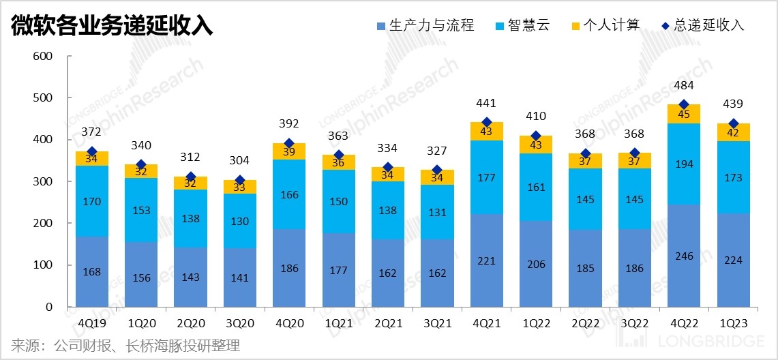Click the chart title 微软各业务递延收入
pos(112,26)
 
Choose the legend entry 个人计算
pos(605,26)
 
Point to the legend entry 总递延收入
pos(702,26)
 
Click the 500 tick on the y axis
pos(43,97)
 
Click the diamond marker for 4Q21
pos(487,123)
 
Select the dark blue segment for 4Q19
pos(92,271)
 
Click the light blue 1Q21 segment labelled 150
pos(339,202)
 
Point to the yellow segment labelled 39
pos(289,151)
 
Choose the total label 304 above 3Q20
pos(240,161)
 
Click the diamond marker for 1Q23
pos(734,123)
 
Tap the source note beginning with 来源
pos(125,346)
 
